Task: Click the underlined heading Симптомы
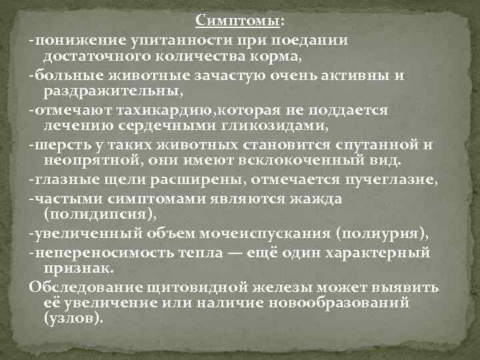point(238,22)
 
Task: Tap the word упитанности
point(171,40)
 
